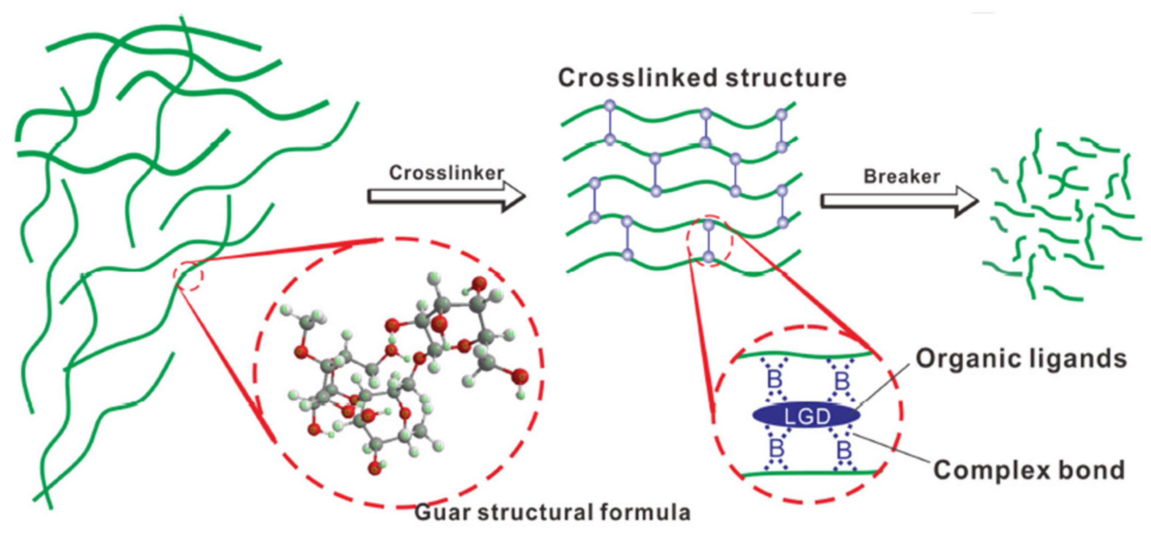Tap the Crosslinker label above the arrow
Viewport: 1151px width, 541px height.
446,173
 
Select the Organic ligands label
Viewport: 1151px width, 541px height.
1021,359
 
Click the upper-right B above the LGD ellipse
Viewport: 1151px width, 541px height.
842,381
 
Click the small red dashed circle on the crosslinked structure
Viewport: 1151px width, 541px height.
710,240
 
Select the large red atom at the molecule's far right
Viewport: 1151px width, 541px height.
519,377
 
